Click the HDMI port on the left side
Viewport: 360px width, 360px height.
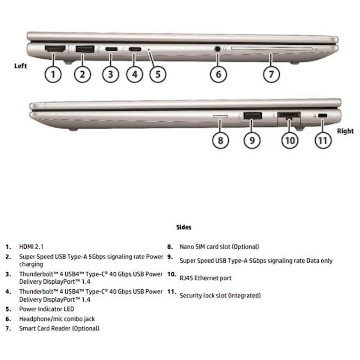coord(55,49)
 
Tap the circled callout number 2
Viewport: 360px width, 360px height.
coord(82,74)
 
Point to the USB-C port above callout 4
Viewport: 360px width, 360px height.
coord(135,49)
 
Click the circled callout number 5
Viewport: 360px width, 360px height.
coord(157,74)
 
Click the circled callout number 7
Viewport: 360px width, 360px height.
coord(271,74)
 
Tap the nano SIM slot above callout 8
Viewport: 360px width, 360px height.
coord(220,116)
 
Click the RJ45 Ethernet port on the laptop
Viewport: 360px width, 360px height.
coord(289,116)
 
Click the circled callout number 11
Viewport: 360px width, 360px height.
coord(323,141)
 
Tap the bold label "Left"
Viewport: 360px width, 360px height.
coord(20,66)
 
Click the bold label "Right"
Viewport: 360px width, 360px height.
coord(345,131)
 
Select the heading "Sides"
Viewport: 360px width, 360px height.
coord(184,227)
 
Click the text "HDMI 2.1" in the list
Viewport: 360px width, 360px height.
coord(31,247)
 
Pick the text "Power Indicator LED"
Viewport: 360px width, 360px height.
coord(46,309)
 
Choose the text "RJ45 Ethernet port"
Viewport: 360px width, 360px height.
coord(206,278)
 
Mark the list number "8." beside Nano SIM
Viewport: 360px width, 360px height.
coord(169,247)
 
